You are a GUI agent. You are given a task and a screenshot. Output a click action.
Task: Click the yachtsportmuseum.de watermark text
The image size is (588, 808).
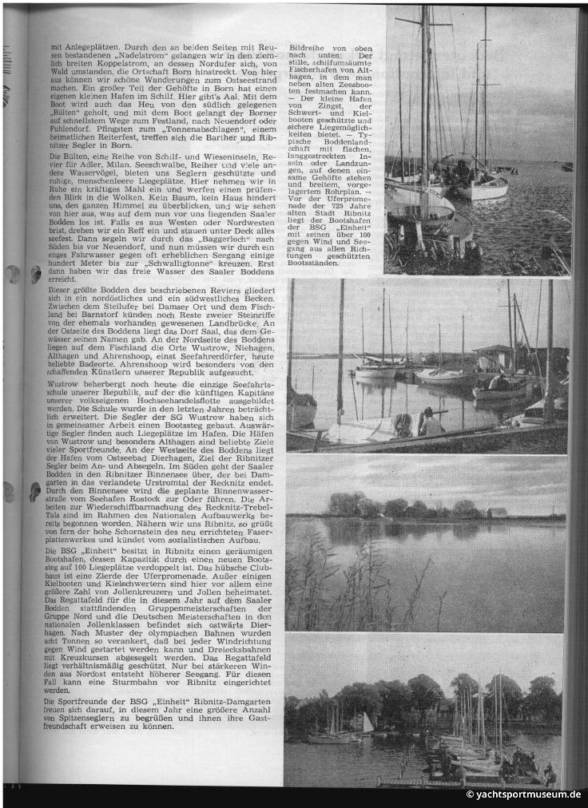coord(525,794)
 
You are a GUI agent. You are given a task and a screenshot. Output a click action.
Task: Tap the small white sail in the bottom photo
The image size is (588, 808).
coord(367,723)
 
